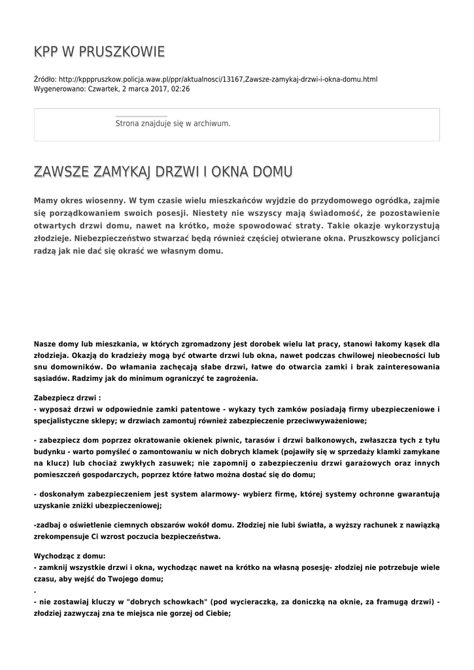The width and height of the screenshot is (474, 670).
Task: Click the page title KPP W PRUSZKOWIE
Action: pyautogui.click(x=99, y=52)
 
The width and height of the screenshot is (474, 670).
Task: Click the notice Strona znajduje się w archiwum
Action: pyautogui.click(x=173, y=123)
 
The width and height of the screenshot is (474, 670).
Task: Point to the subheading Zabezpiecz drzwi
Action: pyautogui.click(x=67, y=397)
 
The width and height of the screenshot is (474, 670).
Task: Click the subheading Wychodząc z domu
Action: pyautogui.click(x=65, y=555)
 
